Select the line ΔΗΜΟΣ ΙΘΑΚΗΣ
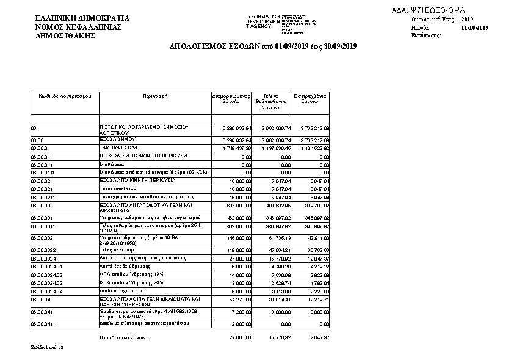click(x=65, y=36)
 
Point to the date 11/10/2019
click(x=475, y=28)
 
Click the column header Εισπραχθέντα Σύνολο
click(x=311, y=99)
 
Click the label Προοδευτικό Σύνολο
click(x=126, y=337)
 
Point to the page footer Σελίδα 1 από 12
click(x=47, y=347)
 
